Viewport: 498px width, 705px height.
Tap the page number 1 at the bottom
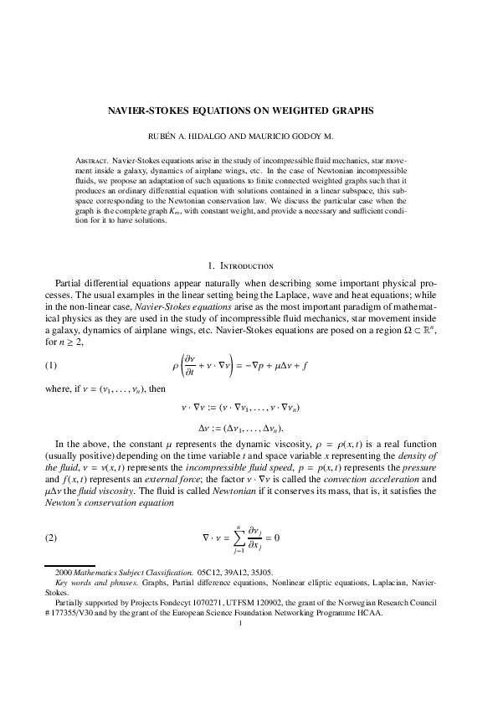240,621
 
